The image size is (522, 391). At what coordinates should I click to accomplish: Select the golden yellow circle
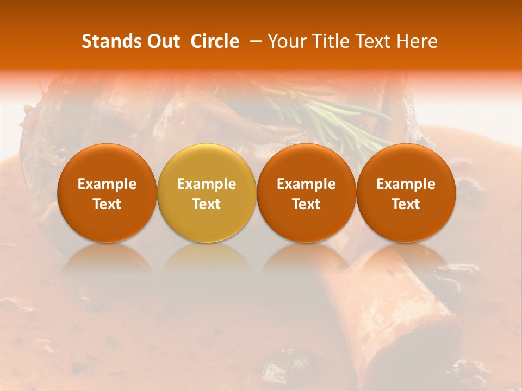207,193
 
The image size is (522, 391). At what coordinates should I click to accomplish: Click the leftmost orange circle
107,193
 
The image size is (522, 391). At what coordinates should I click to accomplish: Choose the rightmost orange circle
406,193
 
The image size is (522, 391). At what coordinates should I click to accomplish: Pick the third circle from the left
306,193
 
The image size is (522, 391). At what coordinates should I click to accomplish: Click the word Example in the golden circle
207,184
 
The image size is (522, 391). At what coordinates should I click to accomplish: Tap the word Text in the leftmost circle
107,204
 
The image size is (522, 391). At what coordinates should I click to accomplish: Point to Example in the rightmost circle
406,184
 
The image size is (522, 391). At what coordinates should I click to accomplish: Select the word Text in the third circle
306,204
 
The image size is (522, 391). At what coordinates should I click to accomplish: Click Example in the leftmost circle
107,184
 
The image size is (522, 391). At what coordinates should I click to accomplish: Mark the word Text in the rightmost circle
406,204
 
